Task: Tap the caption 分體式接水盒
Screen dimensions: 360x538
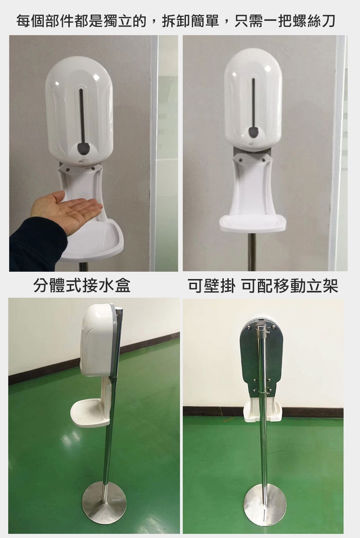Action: coord(82,285)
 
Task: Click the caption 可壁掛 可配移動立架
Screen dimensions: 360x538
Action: coord(263,285)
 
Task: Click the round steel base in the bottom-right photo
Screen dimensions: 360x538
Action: coord(265,504)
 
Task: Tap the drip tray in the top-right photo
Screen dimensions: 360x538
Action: coord(253,222)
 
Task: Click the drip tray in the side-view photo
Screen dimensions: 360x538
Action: coord(87,414)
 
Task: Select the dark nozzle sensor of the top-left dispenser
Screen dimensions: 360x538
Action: coord(84,148)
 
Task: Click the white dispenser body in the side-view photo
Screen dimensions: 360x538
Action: coord(98,340)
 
